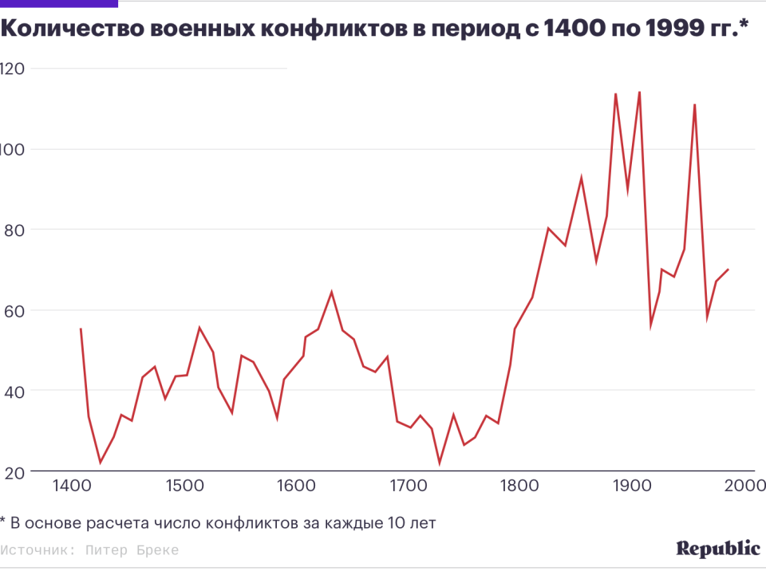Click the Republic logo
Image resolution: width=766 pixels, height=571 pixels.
click(x=718, y=549)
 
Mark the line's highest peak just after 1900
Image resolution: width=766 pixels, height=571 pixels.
click(x=639, y=92)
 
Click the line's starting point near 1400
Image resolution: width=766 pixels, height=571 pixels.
click(x=81, y=329)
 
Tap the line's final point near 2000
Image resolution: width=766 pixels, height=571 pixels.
click(x=728, y=270)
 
